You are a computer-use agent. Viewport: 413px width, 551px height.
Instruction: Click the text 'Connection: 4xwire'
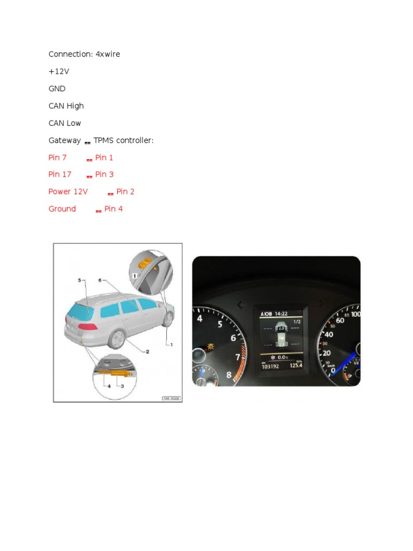coord(84,54)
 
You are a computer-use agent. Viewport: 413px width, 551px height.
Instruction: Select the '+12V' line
coord(59,72)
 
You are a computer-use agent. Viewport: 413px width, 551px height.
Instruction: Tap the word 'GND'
coord(57,89)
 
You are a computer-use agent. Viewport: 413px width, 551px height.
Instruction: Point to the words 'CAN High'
coord(66,106)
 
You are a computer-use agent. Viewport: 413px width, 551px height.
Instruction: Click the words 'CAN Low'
coord(65,123)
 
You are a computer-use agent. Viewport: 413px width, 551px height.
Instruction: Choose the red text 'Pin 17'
coord(60,174)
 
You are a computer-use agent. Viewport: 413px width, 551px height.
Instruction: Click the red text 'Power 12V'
coord(68,192)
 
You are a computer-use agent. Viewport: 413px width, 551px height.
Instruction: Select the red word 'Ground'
coord(62,209)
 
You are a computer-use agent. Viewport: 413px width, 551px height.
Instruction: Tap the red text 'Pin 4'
coord(113,209)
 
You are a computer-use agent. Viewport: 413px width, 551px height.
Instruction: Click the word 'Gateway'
coord(65,140)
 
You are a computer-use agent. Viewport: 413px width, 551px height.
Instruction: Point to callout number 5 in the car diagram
coord(79,280)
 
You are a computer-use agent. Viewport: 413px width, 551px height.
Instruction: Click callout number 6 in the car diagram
coord(100,280)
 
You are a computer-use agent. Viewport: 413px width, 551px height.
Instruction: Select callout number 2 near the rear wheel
coord(147,351)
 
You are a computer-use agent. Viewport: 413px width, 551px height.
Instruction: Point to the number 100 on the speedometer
coord(355,314)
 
